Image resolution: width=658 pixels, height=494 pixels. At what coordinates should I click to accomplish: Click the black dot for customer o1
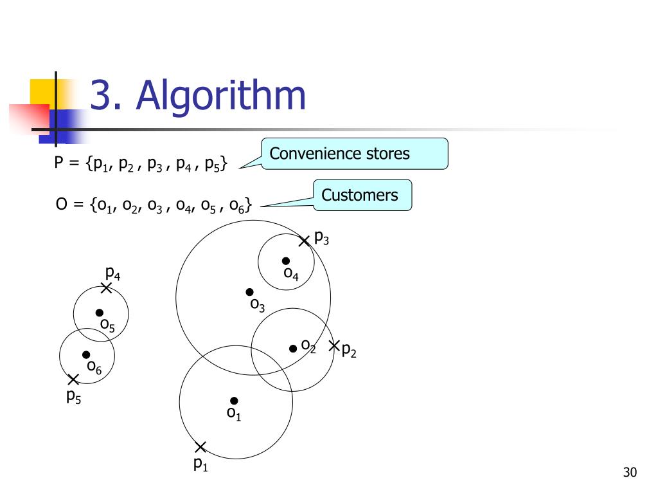pos(234,401)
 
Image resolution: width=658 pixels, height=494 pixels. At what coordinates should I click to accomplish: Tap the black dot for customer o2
pos(293,348)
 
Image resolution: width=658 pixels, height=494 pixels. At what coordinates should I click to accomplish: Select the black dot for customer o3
pos(249,292)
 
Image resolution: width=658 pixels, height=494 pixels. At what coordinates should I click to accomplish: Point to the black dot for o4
pos(286,261)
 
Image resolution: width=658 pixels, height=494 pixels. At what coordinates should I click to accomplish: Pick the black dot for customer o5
pos(100,313)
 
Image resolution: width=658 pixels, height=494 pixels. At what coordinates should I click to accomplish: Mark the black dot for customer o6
pos(86,354)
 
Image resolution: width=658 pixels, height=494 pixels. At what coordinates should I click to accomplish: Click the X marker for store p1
pos(200,447)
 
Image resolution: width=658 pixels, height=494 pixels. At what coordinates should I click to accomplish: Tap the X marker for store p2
pos(334,346)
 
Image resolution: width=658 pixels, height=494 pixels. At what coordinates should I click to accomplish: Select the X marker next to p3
pos(305,241)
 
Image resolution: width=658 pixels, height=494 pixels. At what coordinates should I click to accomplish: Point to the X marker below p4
pos(107,288)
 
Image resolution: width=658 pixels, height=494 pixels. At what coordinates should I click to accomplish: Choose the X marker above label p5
pos(73,380)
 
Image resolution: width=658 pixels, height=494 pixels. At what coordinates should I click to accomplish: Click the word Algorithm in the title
pos(221,95)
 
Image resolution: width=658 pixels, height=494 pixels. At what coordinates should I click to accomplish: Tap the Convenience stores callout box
pos(354,154)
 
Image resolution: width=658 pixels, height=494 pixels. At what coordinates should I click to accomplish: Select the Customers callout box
pos(362,195)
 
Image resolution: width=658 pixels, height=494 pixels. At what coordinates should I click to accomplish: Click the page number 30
pos(629,473)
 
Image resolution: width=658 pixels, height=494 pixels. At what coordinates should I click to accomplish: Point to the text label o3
pos(257,305)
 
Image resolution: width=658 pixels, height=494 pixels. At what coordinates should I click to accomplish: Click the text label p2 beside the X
pos(348,351)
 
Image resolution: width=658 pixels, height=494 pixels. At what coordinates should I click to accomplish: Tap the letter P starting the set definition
pos(58,163)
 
